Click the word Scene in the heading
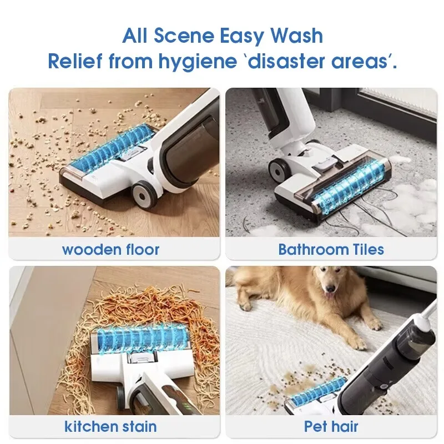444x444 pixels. coord(184,36)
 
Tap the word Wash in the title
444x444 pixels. coord(296,36)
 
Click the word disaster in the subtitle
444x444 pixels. coord(286,61)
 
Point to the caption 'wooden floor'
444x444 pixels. coord(110,249)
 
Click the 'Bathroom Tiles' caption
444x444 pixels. coord(331,249)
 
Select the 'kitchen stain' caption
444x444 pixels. coord(110,426)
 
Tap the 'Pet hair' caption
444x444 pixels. coord(331,426)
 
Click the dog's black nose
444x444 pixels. coord(330,289)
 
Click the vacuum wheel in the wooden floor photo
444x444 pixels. coord(144,195)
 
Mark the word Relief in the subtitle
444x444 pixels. coord(75,60)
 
